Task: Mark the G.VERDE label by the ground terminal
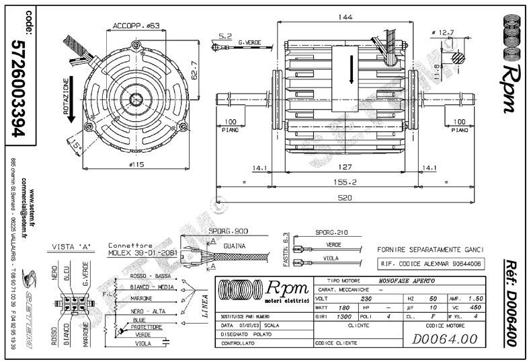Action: click(x=250, y=42)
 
